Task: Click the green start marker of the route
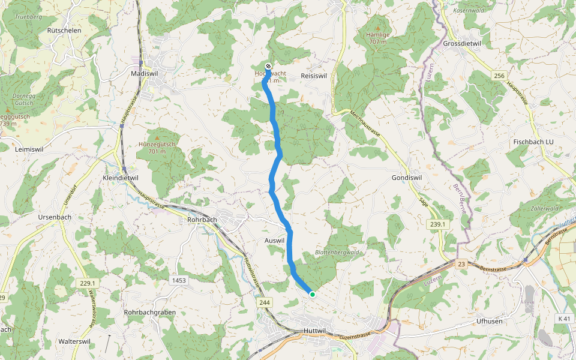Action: click(312, 294)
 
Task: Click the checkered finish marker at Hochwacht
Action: click(268, 66)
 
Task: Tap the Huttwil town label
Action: click(314, 331)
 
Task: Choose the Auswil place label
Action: click(274, 240)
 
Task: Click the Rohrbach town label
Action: click(202, 220)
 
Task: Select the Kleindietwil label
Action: click(121, 178)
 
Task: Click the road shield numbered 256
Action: click(499, 76)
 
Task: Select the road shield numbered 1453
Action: click(179, 280)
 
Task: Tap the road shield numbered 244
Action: click(265, 303)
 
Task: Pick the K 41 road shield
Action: click(563, 318)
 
